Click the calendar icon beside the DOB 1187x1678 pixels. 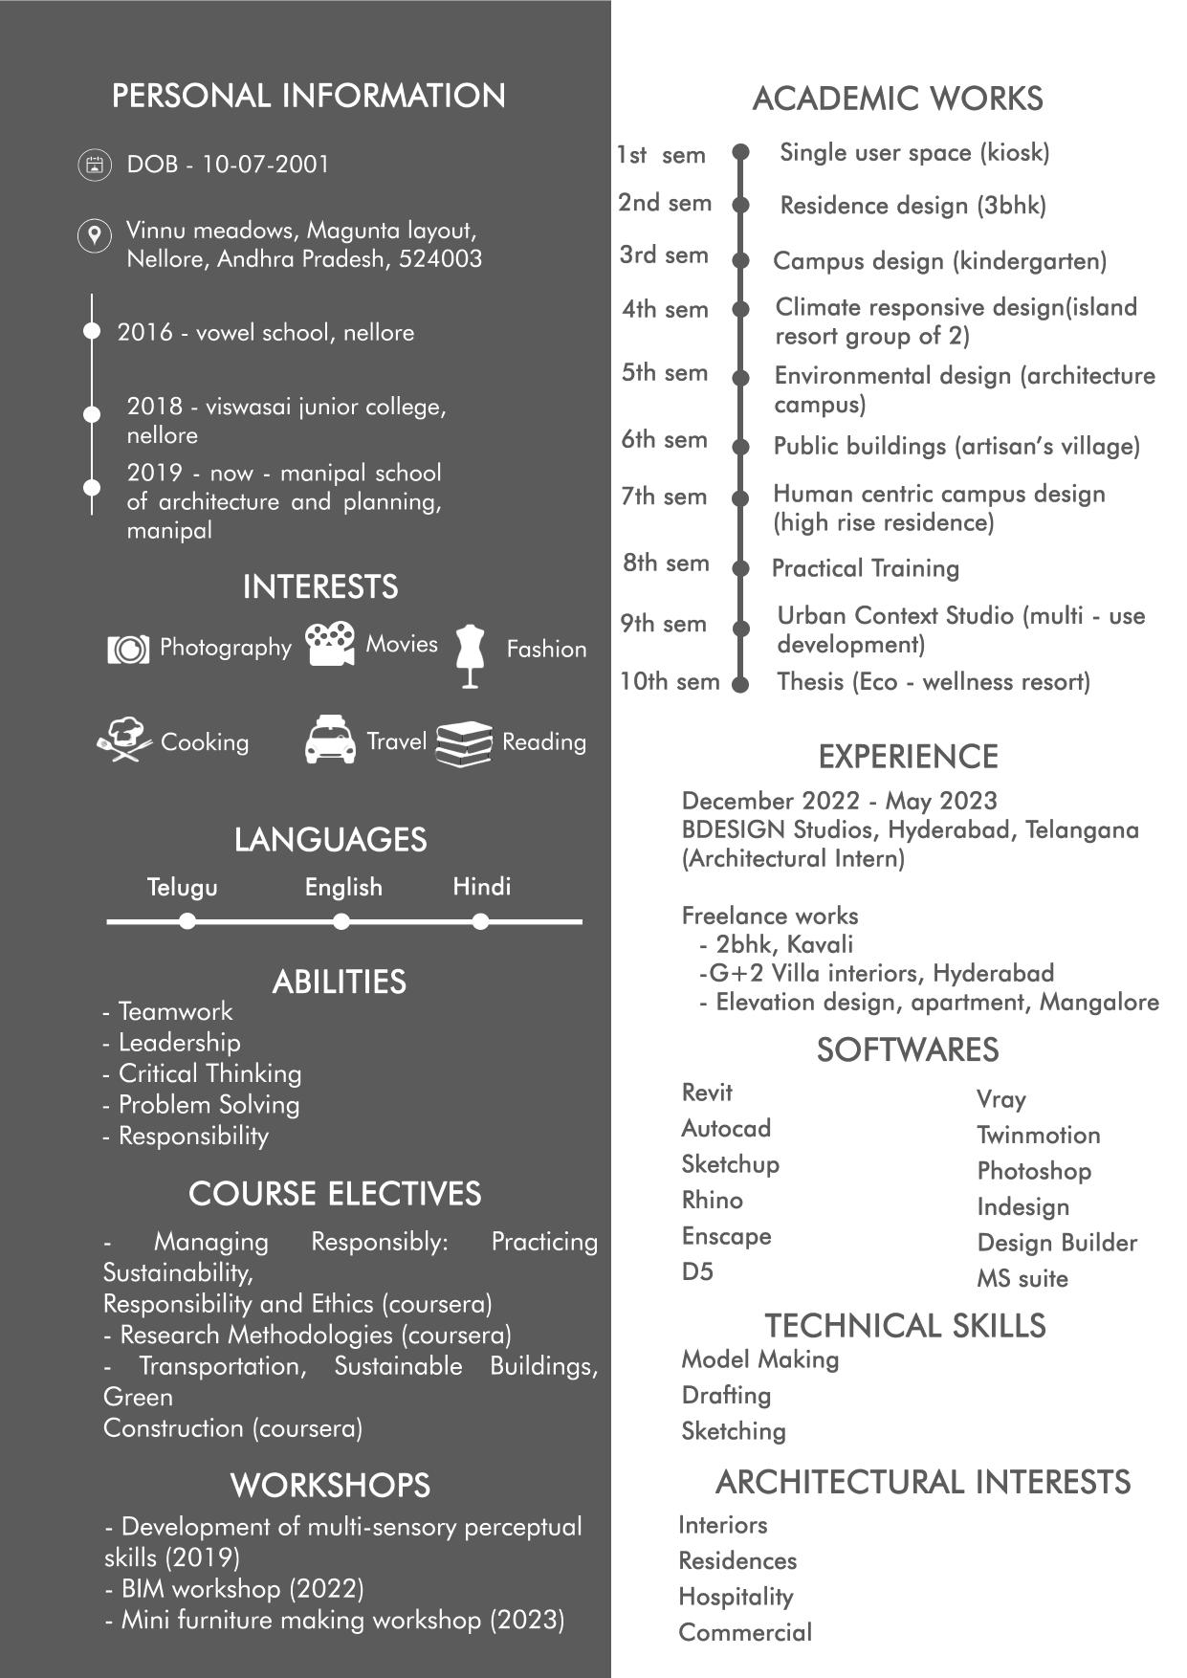pyautogui.click(x=94, y=165)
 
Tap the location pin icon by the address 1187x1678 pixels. pyautogui.click(x=94, y=234)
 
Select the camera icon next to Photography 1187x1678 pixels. pyautogui.click(x=128, y=650)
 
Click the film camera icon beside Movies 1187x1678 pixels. pyautogui.click(x=330, y=644)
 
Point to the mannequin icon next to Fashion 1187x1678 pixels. pyautogui.click(x=470, y=655)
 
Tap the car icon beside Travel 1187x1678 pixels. pyautogui.click(x=330, y=740)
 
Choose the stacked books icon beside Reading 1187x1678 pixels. pyautogui.click(x=464, y=743)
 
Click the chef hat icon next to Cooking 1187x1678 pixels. pyautogui.click(x=124, y=740)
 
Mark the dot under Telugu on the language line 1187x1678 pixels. pyautogui.click(x=187, y=921)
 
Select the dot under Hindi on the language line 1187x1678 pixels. pyautogui.click(x=481, y=921)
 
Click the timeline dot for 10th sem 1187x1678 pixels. pyautogui.click(x=739, y=684)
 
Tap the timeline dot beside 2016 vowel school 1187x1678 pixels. pyautogui.click(x=92, y=331)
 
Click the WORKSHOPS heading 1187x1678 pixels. pyautogui.click(x=330, y=1485)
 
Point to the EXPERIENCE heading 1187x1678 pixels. pyautogui.click(x=908, y=757)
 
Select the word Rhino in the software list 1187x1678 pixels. pyautogui.click(x=712, y=1200)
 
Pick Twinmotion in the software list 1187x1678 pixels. pyautogui.click(x=1038, y=1135)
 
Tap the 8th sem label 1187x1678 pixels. pyautogui.click(x=666, y=563)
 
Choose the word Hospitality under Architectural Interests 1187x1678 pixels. pyautogui.click(x=736, y=1597)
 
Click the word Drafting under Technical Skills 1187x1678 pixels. pyautogui.click(x=726, y=1395)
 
